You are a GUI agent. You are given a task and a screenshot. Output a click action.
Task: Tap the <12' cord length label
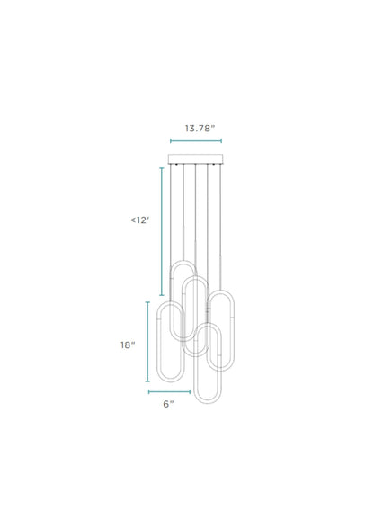tap(138, 220)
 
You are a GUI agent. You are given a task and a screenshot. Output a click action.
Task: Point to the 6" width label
tap(167, 405)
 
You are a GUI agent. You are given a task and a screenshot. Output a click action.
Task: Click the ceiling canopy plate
tap(196, 159)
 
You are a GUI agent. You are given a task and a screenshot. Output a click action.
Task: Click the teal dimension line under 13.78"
tap(196, 141)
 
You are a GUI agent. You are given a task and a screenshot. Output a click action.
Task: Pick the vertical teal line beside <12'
tap(163, 231)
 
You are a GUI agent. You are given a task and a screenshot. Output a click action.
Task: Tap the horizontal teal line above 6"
tap(170, 391)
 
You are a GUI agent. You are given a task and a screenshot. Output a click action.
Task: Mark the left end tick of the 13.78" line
tap(171, 141)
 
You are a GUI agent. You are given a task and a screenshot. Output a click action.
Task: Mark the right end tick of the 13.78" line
tap(221, 141)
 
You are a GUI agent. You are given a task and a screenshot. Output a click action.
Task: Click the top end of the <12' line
tap(163, 167)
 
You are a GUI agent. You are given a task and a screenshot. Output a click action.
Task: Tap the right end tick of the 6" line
tap(191, 391)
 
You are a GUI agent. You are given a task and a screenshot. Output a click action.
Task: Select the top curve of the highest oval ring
tap(183, 262)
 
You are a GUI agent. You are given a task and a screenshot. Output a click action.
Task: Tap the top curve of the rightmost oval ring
tap(221, 293)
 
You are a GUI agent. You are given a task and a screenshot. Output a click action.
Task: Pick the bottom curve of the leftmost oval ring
tap(171, 355)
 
